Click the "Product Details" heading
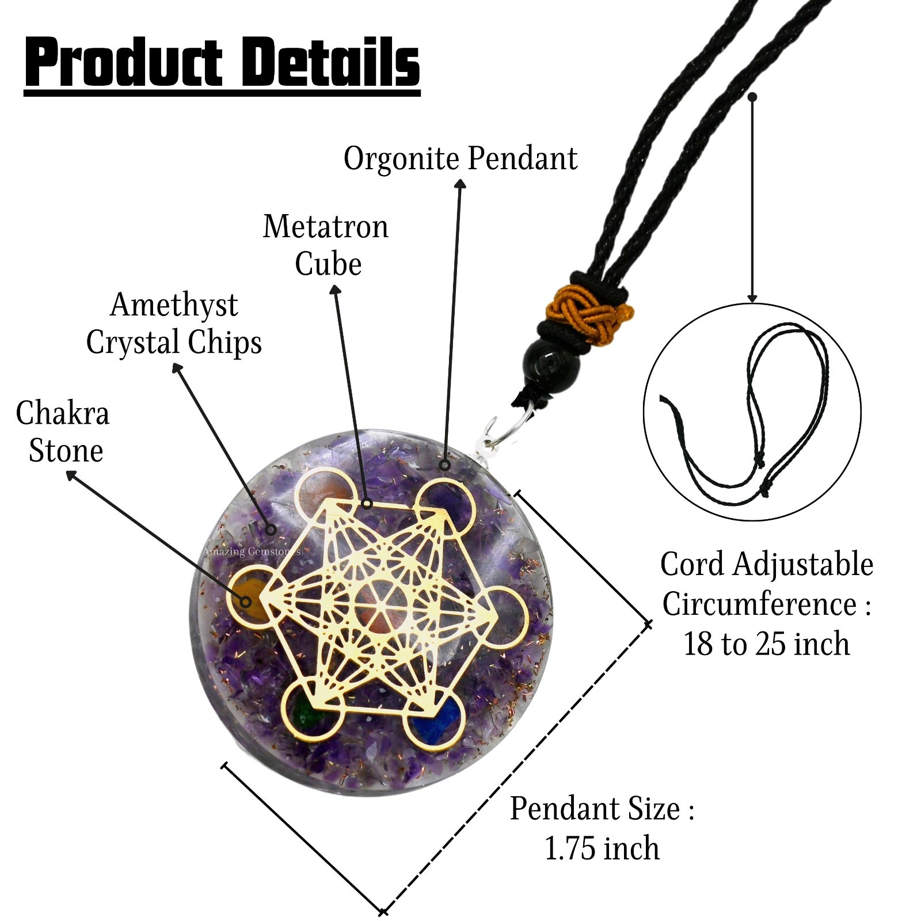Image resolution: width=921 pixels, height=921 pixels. (x=222, y=63)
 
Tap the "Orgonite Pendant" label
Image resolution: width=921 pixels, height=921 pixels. (x=461, y=159)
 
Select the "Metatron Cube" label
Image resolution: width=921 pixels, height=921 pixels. (x=326, y=245)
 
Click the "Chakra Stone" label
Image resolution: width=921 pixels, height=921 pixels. (x=63, y=432)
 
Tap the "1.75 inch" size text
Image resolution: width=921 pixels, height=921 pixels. (x=602, y=849)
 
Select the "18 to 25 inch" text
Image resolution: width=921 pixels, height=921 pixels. (x=766, y=644)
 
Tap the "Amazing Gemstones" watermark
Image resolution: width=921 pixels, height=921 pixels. (x=251, y=551)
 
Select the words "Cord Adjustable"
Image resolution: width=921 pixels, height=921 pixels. (x=766, y=564)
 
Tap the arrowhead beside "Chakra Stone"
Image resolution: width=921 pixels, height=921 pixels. (x=71, y=475)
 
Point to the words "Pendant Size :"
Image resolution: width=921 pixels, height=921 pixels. (x=602, y=809)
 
